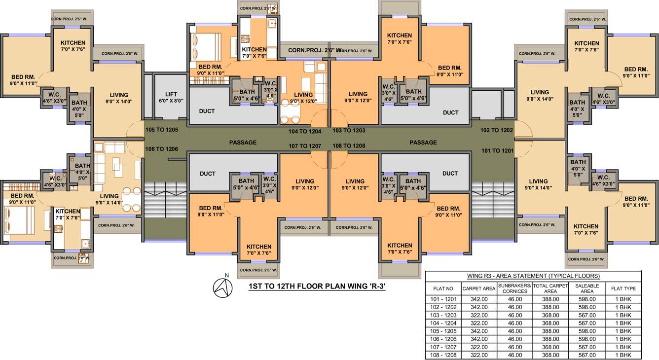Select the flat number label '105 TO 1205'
(161, 130)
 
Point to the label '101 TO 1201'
(497, 150)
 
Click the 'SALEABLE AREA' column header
(586, 288)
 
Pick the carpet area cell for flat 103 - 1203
(478, 315)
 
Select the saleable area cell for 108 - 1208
(586, 355)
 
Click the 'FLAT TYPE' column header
(623, 288)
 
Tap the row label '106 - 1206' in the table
(442, 339)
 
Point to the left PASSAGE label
(243, 143)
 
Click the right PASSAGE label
(423, 143)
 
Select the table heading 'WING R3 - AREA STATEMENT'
(533, 276)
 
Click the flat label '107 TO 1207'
(305, 146)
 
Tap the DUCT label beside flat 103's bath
(450, 112)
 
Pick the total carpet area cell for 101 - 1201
(550, 299)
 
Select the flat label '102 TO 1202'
(497, 130)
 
